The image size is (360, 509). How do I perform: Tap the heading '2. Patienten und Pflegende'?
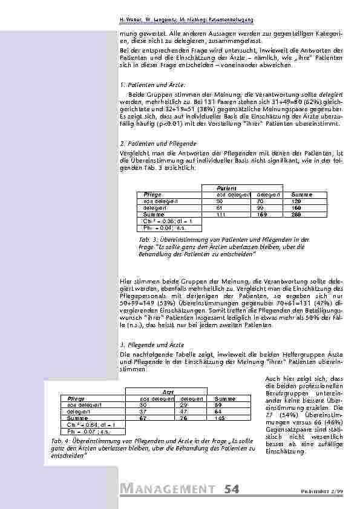[x=149, y=144]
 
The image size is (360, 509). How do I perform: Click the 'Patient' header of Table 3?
[x=227, y=189]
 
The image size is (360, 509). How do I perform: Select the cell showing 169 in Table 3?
[x=263, y=214]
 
